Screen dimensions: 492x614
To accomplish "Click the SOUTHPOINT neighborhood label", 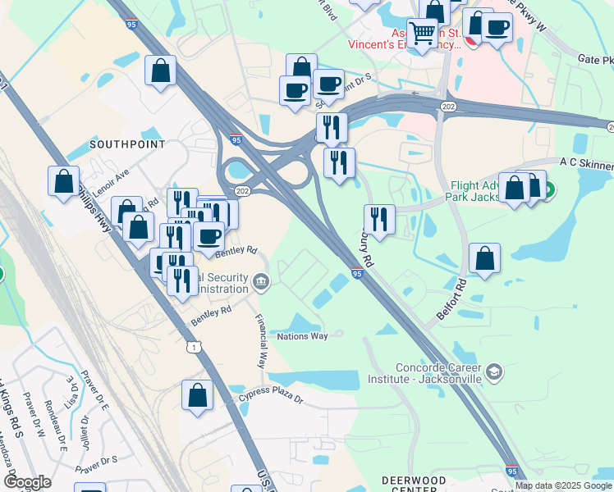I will click(x=127, y=144).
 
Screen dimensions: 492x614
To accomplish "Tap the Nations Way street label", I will click(x=303, y=336).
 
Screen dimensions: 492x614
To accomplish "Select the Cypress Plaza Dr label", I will click(x=271, y=399).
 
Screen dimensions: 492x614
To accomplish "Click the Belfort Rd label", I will click(x=451, y=299).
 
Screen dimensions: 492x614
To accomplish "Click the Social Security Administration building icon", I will click(x=261, y=283).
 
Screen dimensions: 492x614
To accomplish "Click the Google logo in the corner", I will click(x=27, y=482).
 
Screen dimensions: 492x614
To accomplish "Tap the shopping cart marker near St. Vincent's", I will click(x=422, y=34).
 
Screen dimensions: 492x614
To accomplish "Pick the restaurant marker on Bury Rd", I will click(x=379, y=219).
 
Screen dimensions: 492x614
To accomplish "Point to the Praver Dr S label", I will click(x=97, y=464).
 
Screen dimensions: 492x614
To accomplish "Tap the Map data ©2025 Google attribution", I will click(x=564, y=485).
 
